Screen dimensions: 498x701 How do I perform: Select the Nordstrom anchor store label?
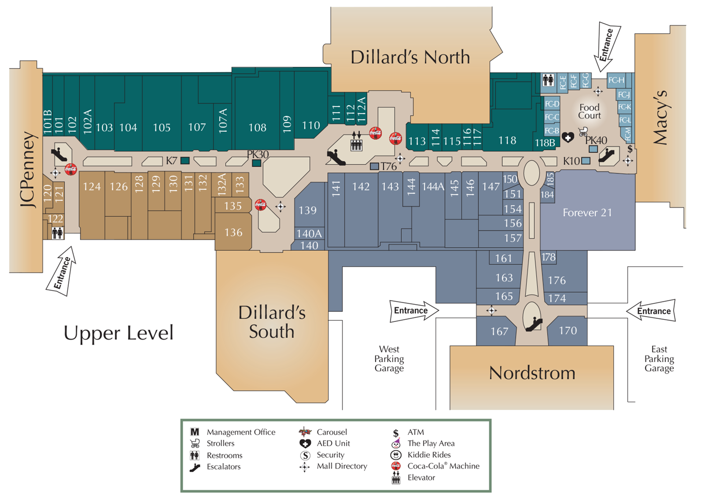click(532, 373)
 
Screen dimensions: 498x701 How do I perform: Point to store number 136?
click(233, 232)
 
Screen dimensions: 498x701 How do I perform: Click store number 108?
click(257, 128)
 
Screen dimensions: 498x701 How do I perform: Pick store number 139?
click(308, 210)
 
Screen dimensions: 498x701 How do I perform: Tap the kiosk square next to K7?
click(185, 160)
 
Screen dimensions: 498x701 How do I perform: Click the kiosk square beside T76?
click(374, 166)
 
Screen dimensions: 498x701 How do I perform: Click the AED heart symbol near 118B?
click(568, 137)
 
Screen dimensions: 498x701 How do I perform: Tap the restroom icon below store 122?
click(57, 233)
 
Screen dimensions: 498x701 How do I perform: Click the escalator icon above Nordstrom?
click(534, 324)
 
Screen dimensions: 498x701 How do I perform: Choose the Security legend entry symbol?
click(305, 455)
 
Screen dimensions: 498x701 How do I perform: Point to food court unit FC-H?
click(616, 80)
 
